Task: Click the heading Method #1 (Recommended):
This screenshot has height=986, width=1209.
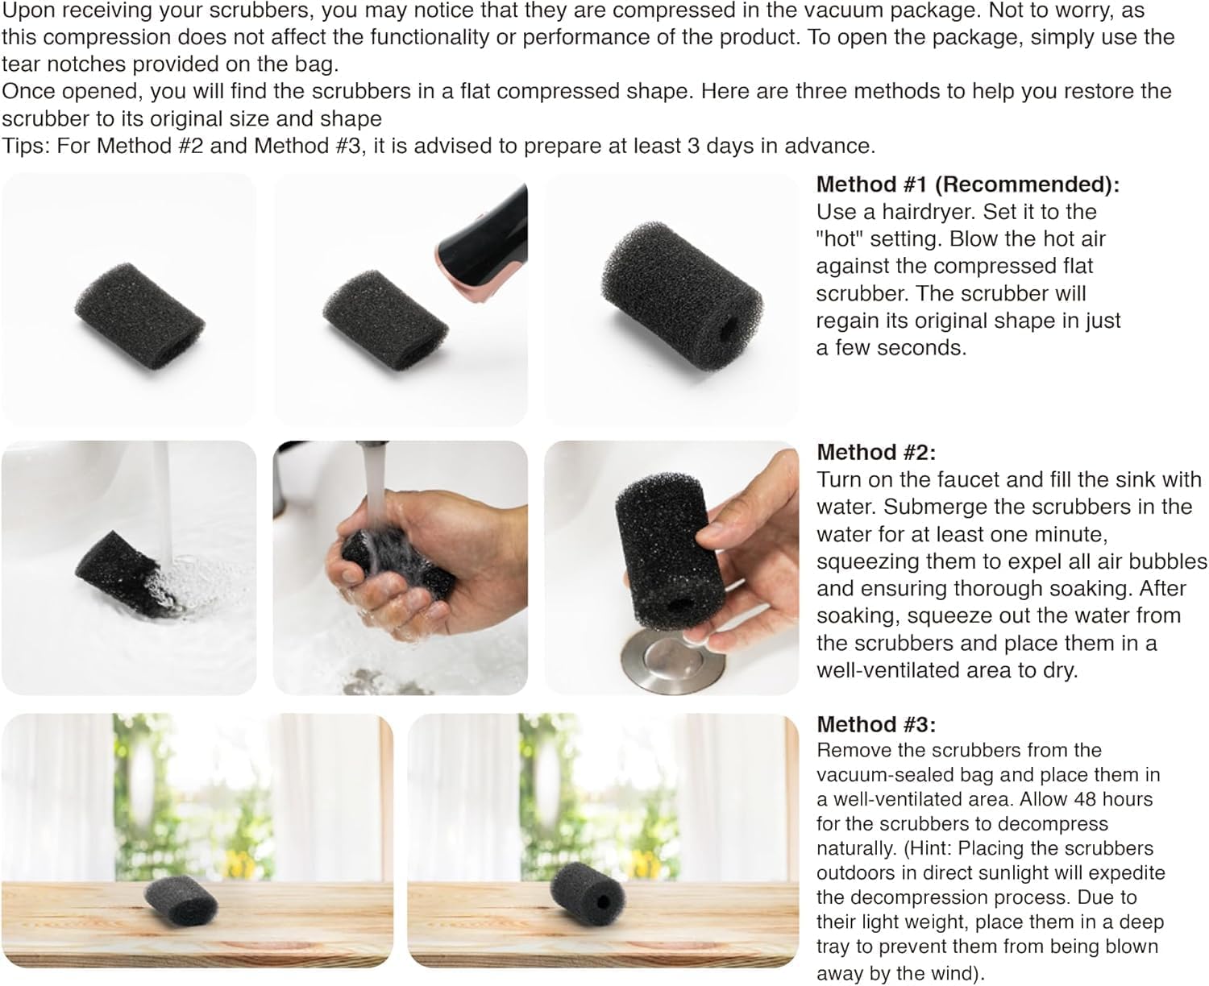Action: [x=968, y=184]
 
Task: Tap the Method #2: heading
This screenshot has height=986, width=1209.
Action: [x=876, y=452]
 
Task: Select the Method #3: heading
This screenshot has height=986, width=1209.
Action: [x=876, y=724]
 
